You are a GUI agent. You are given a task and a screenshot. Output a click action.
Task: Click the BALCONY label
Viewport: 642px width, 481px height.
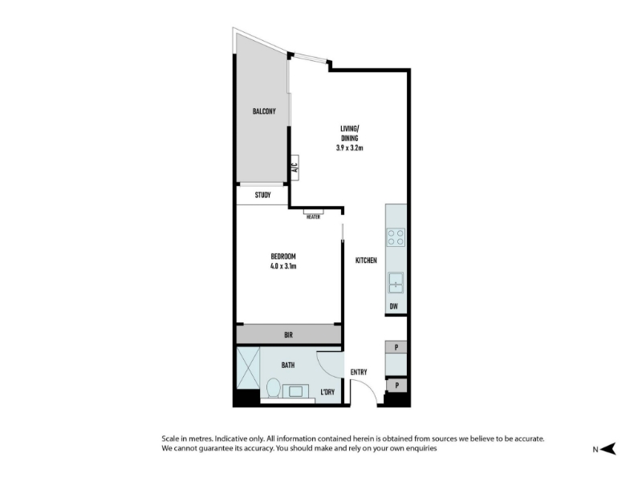coord(264,111)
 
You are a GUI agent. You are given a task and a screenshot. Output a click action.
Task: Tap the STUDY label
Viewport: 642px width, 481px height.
coord(263,195)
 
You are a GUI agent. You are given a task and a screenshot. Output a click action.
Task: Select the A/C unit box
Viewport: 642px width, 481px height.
coord(295,168)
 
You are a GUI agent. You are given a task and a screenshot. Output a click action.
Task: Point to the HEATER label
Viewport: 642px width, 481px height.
coord(313,216)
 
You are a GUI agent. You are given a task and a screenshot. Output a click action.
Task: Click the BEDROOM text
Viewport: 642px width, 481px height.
coord(283,257)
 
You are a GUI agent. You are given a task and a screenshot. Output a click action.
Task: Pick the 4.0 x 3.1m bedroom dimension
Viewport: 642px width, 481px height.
coord(283,266)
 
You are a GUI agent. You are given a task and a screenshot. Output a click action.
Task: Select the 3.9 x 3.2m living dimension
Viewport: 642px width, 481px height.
coord(350,148)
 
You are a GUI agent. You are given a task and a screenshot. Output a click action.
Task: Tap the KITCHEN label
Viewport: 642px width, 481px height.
coord(366,261)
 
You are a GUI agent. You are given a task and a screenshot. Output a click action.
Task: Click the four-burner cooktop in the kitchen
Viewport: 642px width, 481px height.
coord(396,237)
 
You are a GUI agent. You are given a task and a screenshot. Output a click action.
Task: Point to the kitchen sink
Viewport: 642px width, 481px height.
coord(396,283)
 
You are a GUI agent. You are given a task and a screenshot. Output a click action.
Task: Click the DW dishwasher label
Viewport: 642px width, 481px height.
coord(393,306)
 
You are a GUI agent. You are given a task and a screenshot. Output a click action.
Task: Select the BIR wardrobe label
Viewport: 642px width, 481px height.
coord(289,335)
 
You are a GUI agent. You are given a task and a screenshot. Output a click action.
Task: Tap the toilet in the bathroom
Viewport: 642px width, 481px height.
coord(274,388)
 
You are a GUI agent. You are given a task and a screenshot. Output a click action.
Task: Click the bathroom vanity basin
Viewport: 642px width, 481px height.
coord(295,391)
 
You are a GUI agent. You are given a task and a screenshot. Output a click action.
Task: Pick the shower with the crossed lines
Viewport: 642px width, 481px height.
coord(248,368)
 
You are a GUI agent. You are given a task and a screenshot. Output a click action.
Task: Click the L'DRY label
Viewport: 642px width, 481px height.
coord(327,392)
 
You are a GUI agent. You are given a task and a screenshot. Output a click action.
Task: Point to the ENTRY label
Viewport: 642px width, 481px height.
coord(359,372)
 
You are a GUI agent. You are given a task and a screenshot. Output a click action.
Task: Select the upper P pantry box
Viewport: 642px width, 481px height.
coord(396,347)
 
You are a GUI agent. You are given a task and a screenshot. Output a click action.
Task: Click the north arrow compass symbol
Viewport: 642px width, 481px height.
coord(609,449)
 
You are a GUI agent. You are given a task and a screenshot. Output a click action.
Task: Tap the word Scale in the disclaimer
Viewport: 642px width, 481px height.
coord(170,439)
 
